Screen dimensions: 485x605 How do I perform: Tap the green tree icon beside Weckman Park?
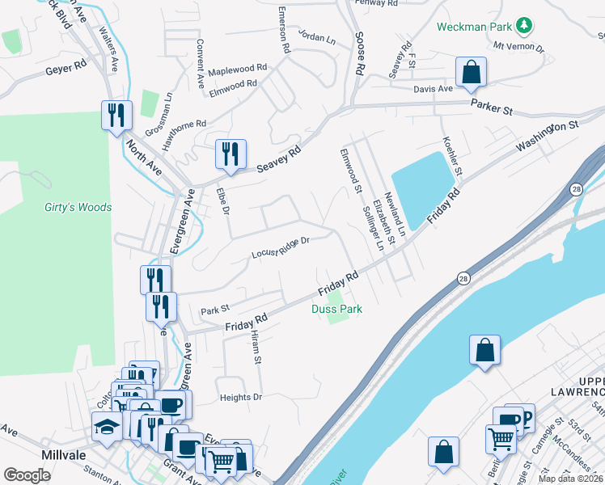[x=524, y=26]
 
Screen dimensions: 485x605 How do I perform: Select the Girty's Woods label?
[x=78, y=207]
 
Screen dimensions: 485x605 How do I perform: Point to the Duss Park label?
[x=336, y=309]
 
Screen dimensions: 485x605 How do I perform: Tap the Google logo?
[x=27, y=475]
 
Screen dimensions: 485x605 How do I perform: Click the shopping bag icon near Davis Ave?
[x=471, y=74]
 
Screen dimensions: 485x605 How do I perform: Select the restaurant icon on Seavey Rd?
[x=231, y=152]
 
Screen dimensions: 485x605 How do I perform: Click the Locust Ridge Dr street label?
[x=281, y=247]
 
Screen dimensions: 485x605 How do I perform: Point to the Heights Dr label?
[x=241, y=397]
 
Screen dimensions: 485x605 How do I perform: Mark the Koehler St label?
[x=451, y=156]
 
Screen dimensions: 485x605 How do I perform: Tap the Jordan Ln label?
[x=316, y=37]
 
